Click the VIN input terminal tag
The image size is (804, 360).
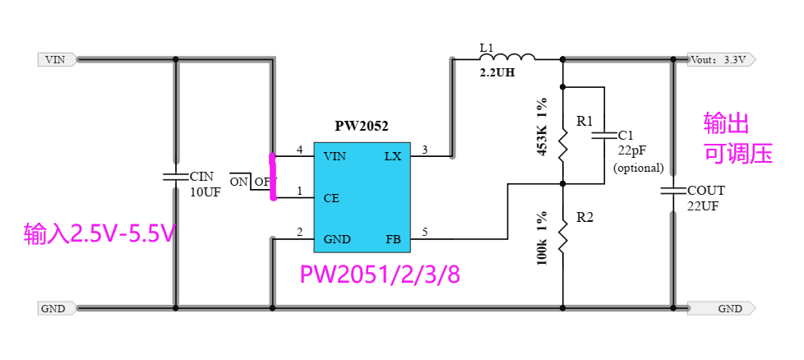[57, 59]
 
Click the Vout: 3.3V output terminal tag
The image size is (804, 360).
[720, 59]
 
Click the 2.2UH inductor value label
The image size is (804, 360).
[498, 72]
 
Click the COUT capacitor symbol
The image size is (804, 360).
[673, 191]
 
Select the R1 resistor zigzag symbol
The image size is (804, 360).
[563, 145]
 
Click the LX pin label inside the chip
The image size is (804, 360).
[392, 156]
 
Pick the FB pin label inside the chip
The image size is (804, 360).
[393, 240]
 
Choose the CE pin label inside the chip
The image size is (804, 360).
[332, 198]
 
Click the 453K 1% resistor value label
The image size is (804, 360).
[542, 128]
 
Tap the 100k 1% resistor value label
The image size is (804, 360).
[542, 236]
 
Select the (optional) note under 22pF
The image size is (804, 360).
[638, 168]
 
